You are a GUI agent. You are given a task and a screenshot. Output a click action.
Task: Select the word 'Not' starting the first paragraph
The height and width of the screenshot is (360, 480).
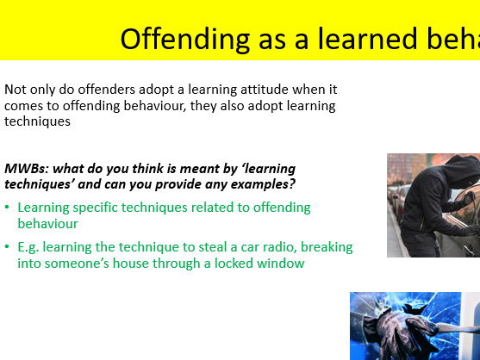(x=15, y=89)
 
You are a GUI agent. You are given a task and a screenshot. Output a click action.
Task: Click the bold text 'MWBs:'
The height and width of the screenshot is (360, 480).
(x=25, y=168)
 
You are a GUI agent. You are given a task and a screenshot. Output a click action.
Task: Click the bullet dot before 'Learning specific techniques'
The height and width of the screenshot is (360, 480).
(x=8, y=208)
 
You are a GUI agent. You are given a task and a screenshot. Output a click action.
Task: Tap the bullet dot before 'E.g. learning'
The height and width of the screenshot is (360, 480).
(x=8, y=248)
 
